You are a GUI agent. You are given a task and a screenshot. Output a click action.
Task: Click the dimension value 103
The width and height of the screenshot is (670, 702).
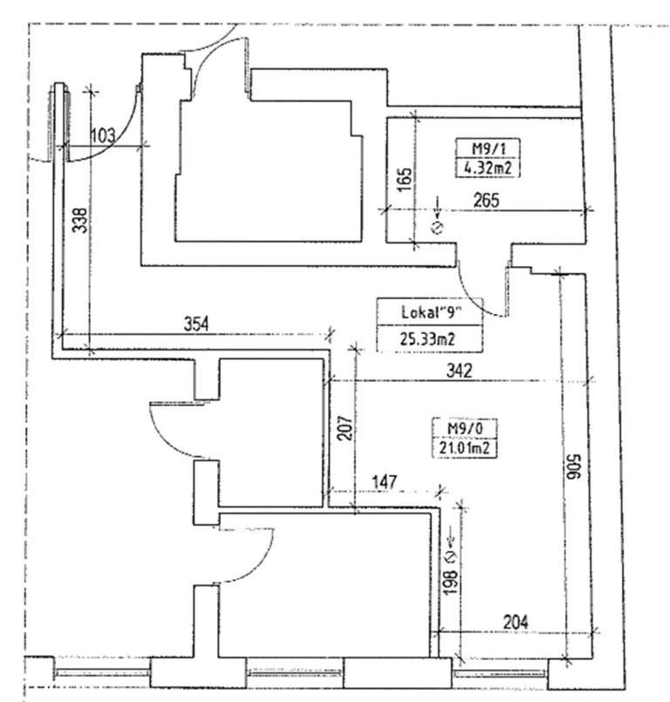104,134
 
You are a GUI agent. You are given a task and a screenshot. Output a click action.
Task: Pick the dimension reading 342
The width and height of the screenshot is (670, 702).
457,371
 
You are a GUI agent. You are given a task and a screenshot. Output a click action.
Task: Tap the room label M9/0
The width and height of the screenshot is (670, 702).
460,429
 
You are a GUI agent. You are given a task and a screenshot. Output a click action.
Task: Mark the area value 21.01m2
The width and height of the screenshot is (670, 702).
460,448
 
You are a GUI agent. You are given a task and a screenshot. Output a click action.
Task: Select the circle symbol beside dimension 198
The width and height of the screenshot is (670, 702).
450,555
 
